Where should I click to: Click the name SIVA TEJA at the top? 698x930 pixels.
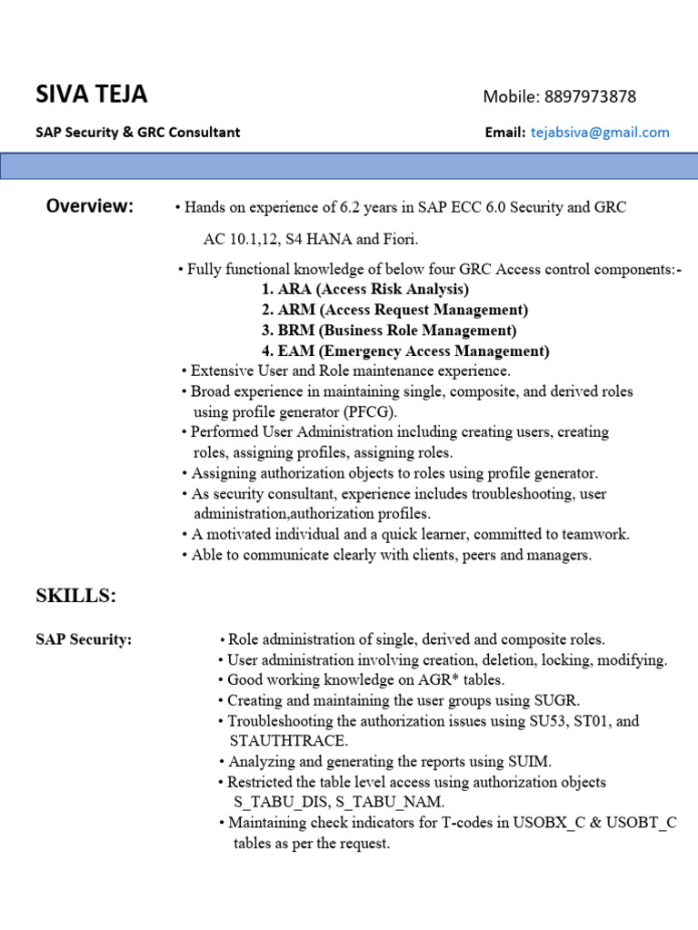click(x=91, y=94)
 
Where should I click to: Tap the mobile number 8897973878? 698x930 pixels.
click(x=590, y=96)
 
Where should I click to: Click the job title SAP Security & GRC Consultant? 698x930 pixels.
click(x=138, y=133)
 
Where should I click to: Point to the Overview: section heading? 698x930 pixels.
click(x=89, y=206)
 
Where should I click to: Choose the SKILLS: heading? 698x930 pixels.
click(x=76, y=596)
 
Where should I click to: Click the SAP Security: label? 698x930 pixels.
click(x=84, y=640)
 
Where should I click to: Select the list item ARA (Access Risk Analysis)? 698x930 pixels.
click(x=364, y=290)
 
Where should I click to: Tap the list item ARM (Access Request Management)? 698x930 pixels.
click(x=394, y=311)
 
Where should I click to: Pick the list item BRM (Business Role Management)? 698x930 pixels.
click(x=388, y=331)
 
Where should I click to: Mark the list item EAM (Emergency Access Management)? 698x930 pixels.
click(x=404, y=351)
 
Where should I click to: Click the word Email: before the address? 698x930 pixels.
click(x=504, y=133)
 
